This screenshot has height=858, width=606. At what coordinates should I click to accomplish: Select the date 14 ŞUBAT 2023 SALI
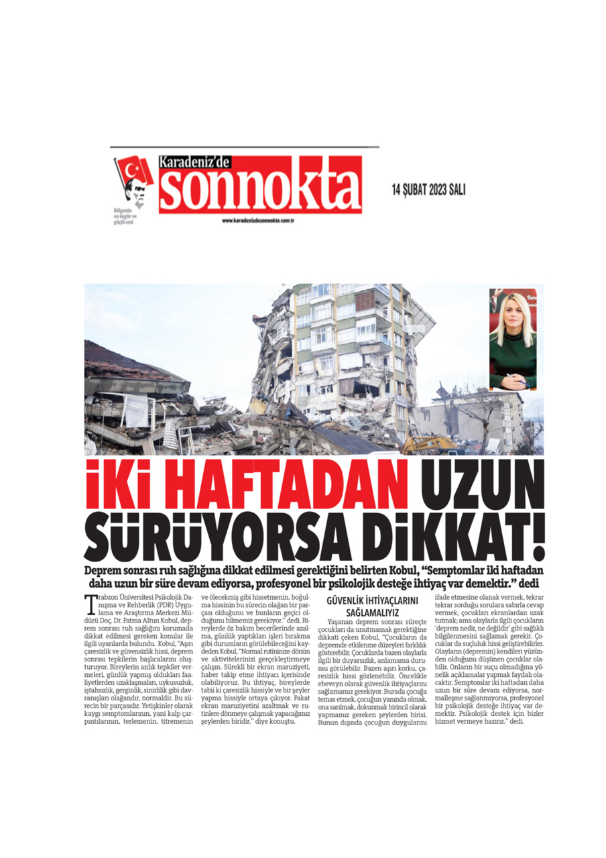tap(428, 190)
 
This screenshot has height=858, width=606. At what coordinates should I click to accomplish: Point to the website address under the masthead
tap(259, 221)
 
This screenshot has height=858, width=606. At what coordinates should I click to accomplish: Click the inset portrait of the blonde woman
tap(513, 339)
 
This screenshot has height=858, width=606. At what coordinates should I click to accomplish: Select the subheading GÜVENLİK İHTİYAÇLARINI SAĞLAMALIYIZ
tap(371, 606)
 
